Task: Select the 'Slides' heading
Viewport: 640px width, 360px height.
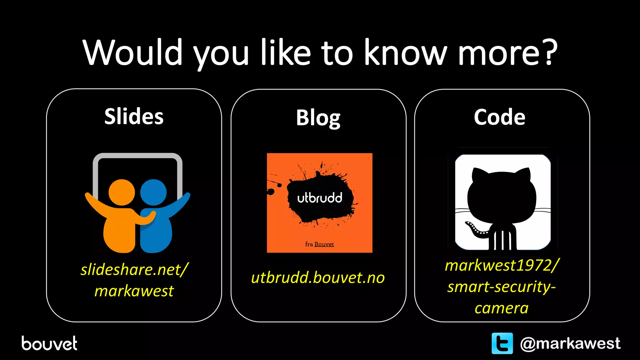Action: click(134, 116)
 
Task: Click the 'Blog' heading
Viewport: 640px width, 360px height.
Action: click(318, 118)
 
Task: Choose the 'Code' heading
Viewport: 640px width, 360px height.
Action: click(499, 117)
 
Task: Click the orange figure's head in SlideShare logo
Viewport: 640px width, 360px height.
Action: click(122, 192)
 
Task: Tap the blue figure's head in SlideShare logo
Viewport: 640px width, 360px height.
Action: click(153, 192)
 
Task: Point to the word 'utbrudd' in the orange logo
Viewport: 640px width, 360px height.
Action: click(320, 198)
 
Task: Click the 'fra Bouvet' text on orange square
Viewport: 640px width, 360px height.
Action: click(319, 244)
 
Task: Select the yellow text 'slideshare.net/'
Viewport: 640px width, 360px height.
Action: click(134, 269)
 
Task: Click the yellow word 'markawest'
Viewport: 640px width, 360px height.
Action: click(134, 291)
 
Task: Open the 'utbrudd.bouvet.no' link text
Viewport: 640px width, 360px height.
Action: click(318, 277)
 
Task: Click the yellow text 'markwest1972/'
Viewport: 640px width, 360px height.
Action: click(502, 265)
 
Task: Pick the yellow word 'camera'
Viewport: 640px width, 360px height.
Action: click(502, 308)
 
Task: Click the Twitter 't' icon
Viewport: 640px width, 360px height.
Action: click(502, 343)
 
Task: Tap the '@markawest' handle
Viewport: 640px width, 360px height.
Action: click(570, 343)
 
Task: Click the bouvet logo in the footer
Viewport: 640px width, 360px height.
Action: click(49, 343)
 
